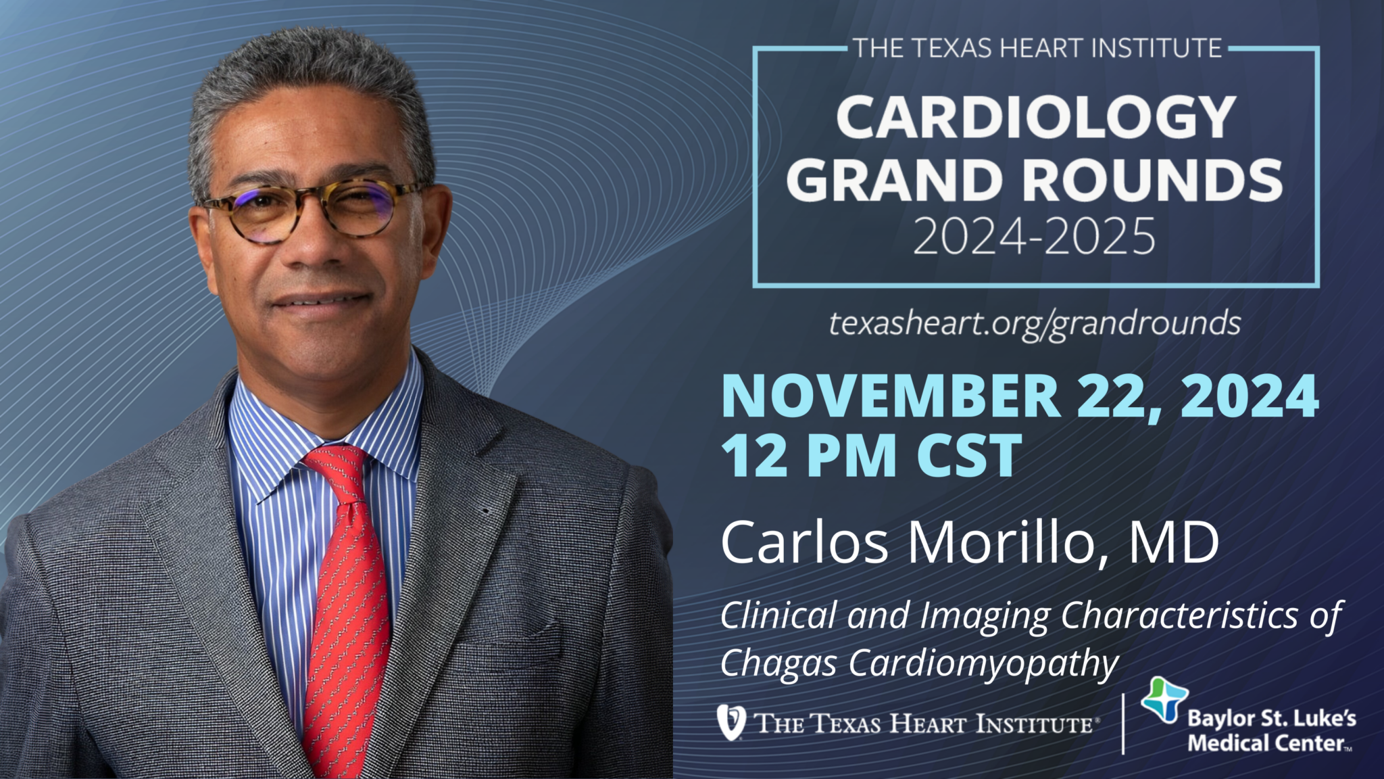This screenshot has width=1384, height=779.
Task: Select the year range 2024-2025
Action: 1035,237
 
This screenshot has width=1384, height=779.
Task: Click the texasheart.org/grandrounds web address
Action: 1035,324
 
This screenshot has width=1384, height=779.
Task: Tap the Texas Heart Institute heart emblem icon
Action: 731,722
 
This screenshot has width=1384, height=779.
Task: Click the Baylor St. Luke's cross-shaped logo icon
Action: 1164,700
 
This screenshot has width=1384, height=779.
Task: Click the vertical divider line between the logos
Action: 1123,724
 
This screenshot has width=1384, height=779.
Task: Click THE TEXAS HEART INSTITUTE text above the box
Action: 1037,49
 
